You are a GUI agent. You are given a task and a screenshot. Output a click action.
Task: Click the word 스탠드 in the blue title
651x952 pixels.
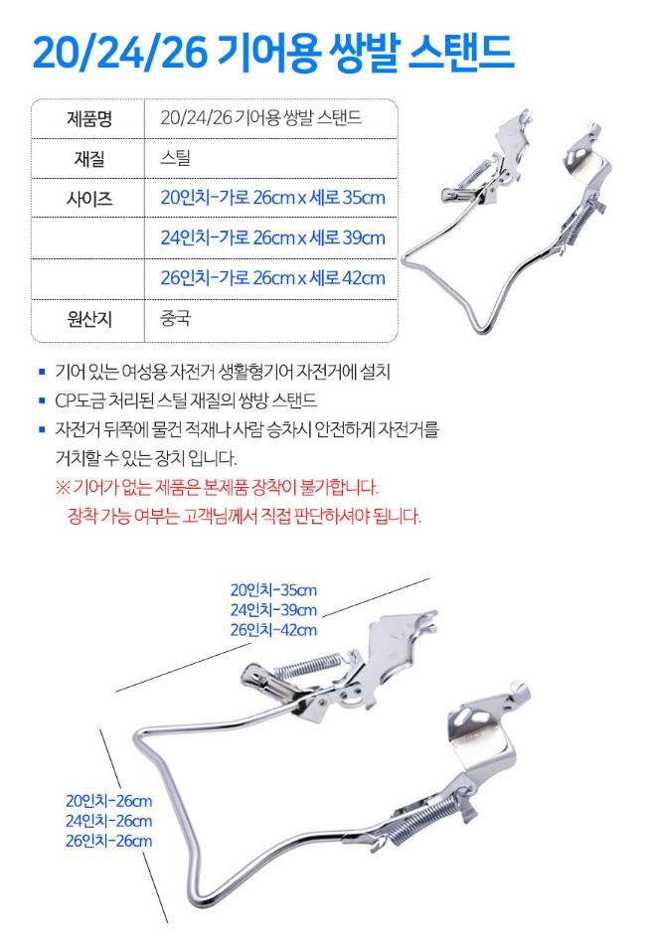coord(461,53)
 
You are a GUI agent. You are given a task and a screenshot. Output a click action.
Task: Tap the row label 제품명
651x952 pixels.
coord(89,118)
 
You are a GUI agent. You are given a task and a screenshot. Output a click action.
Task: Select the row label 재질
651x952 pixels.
coord(89,158)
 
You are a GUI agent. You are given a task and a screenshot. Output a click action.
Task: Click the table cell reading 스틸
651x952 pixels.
coord(176,158)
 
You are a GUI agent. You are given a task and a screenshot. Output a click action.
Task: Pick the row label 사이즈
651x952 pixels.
coord(89,199)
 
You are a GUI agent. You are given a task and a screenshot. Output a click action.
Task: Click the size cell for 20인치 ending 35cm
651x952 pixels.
coord(272,198)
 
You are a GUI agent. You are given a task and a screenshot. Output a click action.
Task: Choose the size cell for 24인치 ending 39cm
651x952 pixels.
coord(272,238)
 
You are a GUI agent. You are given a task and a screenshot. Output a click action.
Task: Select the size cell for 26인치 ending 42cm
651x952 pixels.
coord(272,278)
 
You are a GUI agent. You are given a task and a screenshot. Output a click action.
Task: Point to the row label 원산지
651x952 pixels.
coord(89,319)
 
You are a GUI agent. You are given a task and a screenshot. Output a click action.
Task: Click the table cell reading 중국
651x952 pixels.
coord(176,318)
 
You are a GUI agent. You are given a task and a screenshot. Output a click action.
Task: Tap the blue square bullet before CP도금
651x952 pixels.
coord(42,400)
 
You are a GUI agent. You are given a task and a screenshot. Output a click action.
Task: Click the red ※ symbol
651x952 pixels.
coord(63,487)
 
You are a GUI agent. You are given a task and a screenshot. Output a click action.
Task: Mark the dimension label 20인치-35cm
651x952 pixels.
coord(273,590)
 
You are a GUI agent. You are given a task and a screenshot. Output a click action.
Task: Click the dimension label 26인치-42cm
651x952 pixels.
coord(273,630)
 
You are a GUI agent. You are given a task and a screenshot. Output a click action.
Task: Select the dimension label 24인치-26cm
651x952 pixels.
coord(108,821)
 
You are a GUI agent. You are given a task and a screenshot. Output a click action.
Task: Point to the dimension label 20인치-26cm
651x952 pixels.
coord(108,801)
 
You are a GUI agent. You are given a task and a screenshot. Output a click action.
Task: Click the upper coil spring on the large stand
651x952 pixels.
coord(307,665)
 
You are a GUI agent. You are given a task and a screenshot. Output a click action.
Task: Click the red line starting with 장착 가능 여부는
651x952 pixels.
coord(244,516)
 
